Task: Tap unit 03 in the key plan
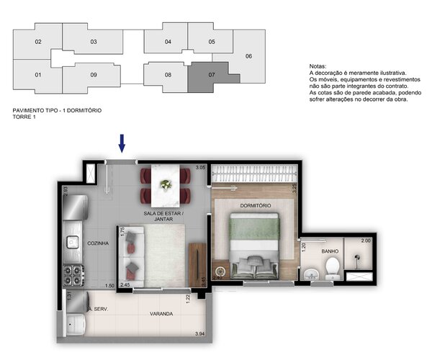(x=94, y=42)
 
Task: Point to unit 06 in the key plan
(x=248, y=56)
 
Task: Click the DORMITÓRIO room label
(x=256, y=206)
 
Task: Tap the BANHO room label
(x=330, y=251)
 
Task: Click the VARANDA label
(x=160, y=314)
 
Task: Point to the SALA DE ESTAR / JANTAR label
(x=163, y=217)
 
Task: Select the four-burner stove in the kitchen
(x=73, y=274)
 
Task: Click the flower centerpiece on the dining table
(x=166, y=184)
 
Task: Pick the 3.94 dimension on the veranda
(x=202, y=333)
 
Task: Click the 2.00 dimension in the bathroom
(x=365, y=240)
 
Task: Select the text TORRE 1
(x=24, y=117)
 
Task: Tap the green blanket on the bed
(x=254, y=229)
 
